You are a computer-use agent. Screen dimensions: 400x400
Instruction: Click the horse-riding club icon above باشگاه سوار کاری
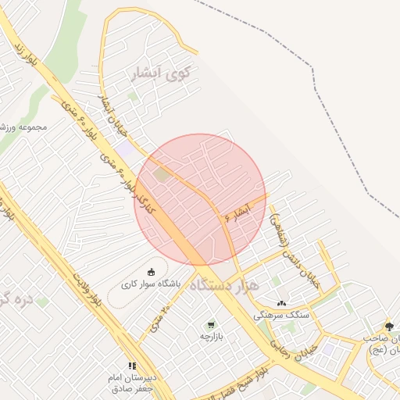pyautogui.click(x=152, y=272)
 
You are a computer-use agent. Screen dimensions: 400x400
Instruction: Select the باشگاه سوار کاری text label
pyautogui.click(x=152, y=285)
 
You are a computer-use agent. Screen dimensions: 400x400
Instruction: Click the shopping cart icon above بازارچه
pyautogui.click(x=209, y=324)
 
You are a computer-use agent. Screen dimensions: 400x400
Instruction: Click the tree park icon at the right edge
pyautogui.click(x=388, y=326)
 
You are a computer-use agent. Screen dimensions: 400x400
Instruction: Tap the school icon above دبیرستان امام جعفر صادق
pyautogui.click(x=132, y=365)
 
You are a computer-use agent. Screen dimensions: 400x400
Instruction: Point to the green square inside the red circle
pyautogui.click(x=161, y=174)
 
